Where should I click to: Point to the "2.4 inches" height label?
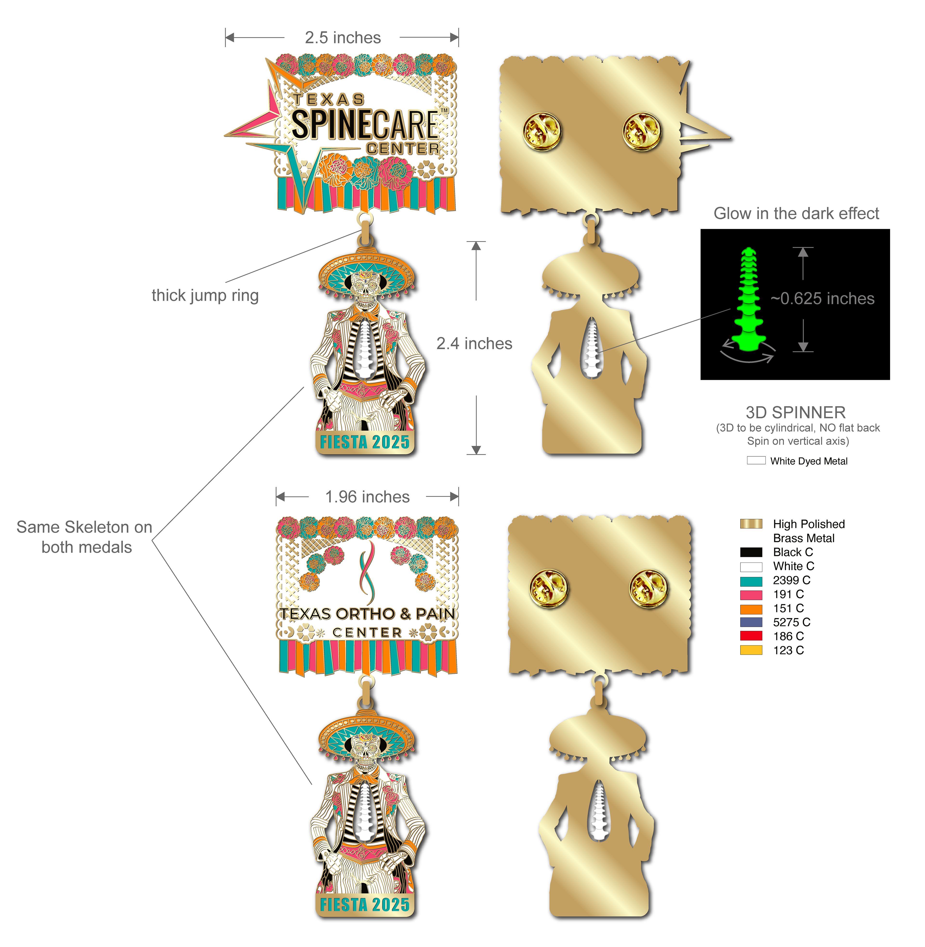point(474,344)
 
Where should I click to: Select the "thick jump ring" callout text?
point(205,295)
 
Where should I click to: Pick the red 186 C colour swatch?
point(751,636)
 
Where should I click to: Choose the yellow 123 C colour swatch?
point(751,650)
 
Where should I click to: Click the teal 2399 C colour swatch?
point(751,581)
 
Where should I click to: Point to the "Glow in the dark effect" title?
point(796,214)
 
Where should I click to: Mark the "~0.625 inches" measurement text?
point(822,298)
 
